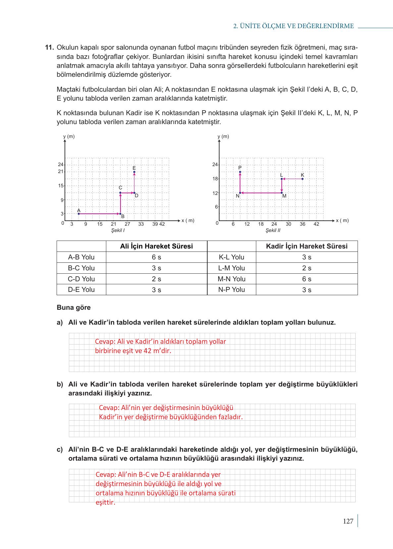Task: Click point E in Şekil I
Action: pos(134,172)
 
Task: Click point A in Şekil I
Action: pos(79,214)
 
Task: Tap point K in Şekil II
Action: pos(302,179)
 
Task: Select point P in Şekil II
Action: pos(240,172)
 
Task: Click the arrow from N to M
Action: pos(261,193)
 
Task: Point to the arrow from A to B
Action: pos(99,214)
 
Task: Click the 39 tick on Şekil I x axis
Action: pos(155,224)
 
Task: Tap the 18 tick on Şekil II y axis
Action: pos(215,179)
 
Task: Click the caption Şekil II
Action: pos(273,230)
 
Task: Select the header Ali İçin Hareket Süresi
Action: pos(156,246)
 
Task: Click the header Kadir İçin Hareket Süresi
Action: pos(307,246)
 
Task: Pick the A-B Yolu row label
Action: pos(81,257)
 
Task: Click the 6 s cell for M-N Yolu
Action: pos(307,279)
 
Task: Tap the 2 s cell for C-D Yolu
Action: pos(156,279)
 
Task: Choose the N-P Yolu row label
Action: pos(231,290)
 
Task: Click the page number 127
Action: pos(348,522)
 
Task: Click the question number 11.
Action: pos(49,47)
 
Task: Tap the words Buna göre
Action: pos(74,307)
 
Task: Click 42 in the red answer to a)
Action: pos(147,351)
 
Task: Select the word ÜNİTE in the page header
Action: pos(249,26)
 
